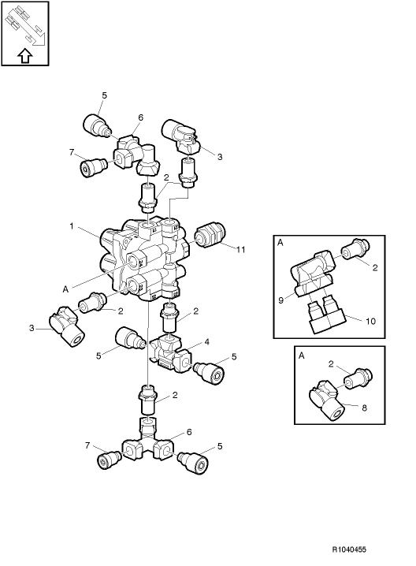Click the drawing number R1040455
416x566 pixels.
point(349,549)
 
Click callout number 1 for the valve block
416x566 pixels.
point(72,226)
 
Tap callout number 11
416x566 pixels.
point(241,249)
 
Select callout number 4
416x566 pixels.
point(206,341)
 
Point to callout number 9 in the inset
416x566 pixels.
point(281,300)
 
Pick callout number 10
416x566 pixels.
point(370,321)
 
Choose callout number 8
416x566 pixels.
point(364,408)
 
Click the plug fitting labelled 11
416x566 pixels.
point(210,236)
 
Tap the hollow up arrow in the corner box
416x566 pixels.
point(25,56)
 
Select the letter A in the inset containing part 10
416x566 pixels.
point(280,243)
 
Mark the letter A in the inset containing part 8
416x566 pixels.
point(302,356)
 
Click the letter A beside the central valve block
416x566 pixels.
point(65,289)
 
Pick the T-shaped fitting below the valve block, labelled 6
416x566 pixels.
point(145,441)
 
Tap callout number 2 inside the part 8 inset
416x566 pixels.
point(331,364)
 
